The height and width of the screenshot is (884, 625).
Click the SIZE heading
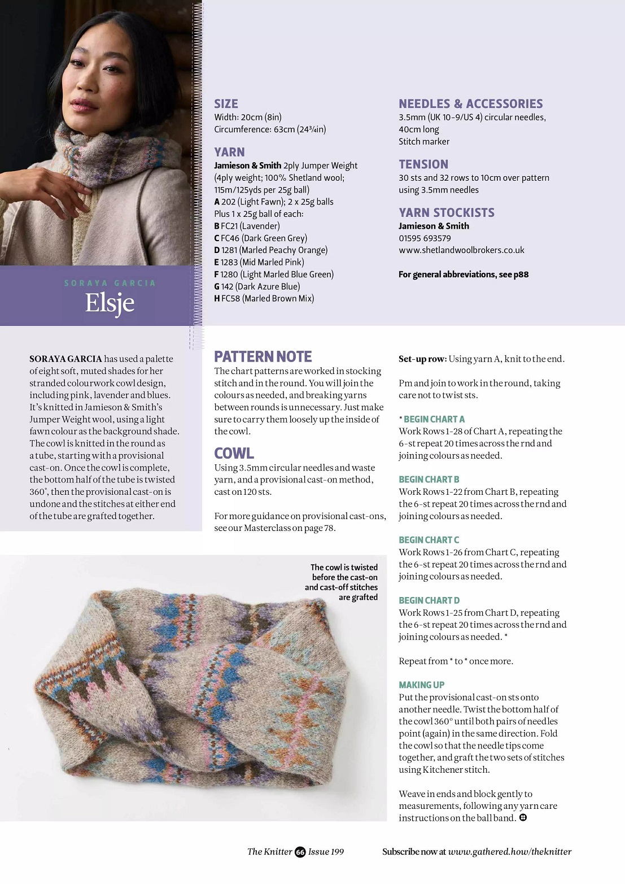(x=226, y=104)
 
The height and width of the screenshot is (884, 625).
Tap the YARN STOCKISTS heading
(x=446, y=213)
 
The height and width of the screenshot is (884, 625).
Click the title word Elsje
(x=110, y=303)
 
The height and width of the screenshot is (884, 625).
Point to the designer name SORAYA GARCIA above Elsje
(x=110, y=283)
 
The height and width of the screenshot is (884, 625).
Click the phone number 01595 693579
(x=425, y=238)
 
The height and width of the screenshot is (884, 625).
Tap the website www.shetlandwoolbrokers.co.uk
(x=461, y=250)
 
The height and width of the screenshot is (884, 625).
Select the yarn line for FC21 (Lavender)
(x=247, y=226)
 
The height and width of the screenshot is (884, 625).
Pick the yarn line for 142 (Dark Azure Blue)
(x=257, y=286)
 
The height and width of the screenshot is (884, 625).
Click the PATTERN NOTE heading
(x=263, y=356)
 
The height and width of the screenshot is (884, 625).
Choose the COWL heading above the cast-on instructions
(x=234, y=453)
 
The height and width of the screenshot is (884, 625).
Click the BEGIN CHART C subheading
(x=429, y=540)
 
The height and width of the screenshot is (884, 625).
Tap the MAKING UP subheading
(x=421, y=685)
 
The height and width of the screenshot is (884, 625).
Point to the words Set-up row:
(x=422, y=359)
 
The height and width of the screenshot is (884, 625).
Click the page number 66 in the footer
(x=300, y=852)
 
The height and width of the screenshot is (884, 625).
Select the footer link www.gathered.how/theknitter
(x=509, y=852)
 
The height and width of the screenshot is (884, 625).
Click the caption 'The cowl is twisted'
(x=343, y=568)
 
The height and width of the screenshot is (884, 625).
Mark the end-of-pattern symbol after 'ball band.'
(x=523, y=817)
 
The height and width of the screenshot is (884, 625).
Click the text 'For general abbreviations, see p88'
(x=464, y=275)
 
